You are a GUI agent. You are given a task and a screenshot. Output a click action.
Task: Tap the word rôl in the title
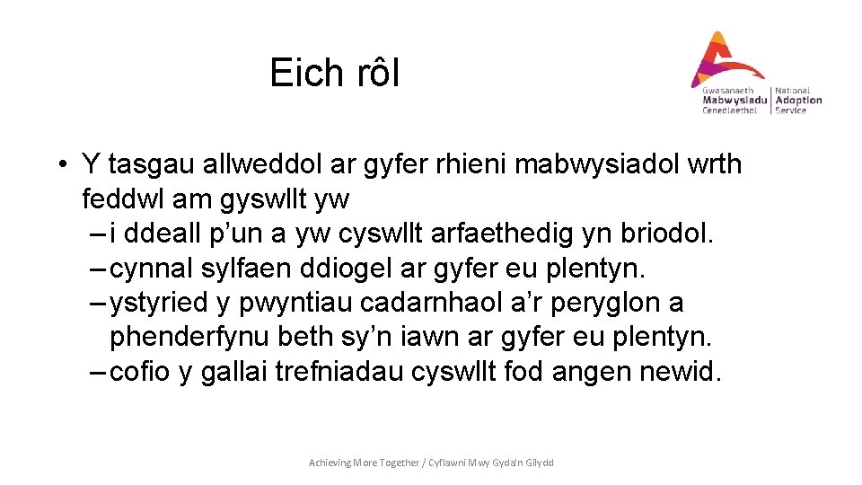[373, 73]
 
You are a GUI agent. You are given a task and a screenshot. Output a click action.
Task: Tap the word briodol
[667, 234]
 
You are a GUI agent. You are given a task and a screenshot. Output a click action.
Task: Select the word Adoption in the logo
[798, 101]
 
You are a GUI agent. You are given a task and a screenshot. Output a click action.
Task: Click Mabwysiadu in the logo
[734, 101]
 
